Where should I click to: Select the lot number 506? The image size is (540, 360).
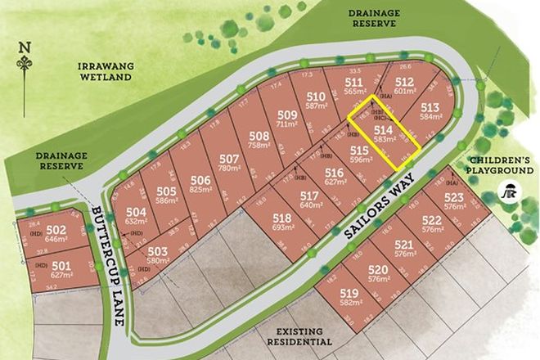click(x=201, y=180)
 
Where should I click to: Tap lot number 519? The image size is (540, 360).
click(x=349, y=292)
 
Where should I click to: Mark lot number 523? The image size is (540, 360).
click(x=454, y=198)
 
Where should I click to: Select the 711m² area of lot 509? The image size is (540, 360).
click(x=288, y=124)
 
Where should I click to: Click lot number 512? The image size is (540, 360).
click(x=404, y=83)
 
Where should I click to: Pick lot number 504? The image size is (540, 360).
click(x=136, y=211)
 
